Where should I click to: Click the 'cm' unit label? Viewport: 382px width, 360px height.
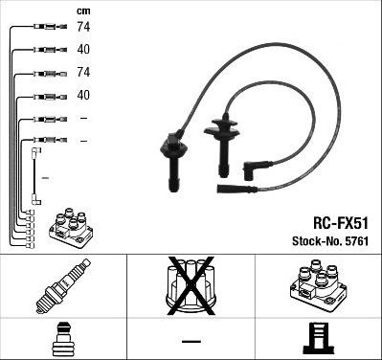click(83, 11)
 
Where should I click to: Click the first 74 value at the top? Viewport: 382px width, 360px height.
click(83, 27)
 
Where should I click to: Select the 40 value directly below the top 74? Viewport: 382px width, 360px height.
click(83, 50)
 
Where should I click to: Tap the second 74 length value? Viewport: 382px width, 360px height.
click(83, 72)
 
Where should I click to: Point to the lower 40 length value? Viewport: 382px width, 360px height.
click(83, 95)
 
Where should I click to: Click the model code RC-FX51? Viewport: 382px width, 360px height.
click(341, 223)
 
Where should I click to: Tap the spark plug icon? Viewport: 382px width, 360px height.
click(63, 285)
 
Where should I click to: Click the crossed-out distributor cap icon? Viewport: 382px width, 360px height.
click(191, 286)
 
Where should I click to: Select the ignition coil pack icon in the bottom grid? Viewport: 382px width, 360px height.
click(318, 286)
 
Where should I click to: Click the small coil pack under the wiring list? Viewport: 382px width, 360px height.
click(71, 228)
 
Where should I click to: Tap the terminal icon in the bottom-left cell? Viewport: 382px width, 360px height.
click(63, 340)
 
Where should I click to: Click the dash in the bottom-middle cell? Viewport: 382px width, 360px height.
click(191, 341)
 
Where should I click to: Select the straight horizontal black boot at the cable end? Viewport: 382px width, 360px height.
click(236, 189)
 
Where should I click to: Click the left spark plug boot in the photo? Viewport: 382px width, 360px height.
click(173, 161)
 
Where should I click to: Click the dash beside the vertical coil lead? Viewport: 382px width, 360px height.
click(46, 177)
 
